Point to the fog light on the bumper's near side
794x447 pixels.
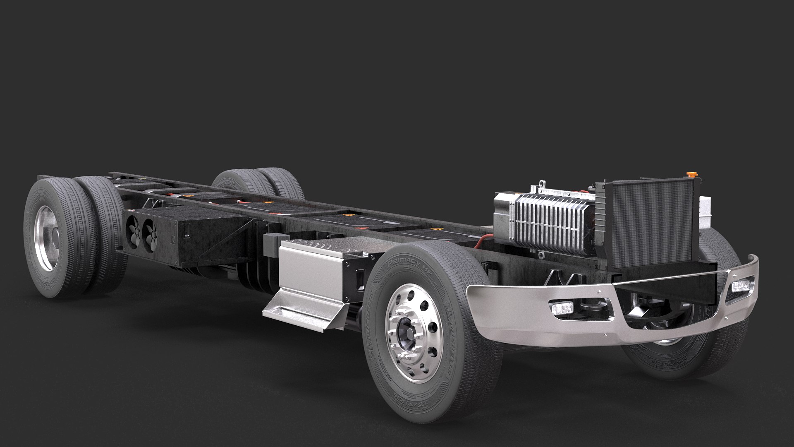(x=560, y=309)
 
